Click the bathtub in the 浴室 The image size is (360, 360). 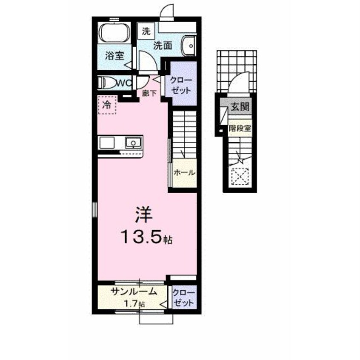114,34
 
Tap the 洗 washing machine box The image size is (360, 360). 146,31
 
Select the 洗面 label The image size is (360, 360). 163,46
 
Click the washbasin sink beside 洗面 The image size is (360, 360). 189,46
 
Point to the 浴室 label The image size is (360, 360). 114,56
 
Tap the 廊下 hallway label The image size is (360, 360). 149,93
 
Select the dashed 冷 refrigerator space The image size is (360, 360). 108,105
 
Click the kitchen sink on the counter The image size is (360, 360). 133,143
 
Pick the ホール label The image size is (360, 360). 184,173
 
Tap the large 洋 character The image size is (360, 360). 144,214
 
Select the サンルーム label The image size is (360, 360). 134,291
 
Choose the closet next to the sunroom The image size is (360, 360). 184,297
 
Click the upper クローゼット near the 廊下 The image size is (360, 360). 181,86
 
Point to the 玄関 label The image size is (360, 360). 240,106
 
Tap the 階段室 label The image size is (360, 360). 240,128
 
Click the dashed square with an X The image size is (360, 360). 240,176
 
